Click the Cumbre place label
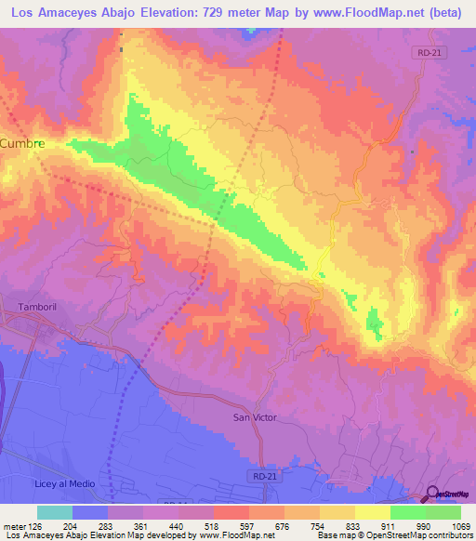[x=22, y=144]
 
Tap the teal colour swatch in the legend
[x=55, y=512]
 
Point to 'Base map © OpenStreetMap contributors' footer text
[x=393, y=535]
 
